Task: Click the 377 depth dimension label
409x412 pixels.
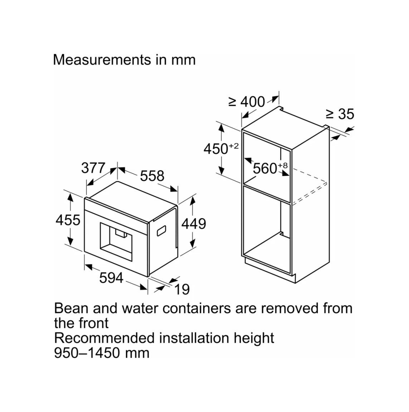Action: [x=93, y=168]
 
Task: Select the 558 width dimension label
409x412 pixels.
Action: [x=152, y=176]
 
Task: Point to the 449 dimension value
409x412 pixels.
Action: [x=194, y=224]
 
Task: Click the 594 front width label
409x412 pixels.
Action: [x=111, y=278]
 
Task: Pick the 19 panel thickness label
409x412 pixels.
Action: [x=182, y=289]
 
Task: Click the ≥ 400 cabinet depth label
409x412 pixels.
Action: [x=247, y=102]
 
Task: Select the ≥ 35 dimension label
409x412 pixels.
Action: [x=340, y=114]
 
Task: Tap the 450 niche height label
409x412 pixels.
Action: [x=216, y=149]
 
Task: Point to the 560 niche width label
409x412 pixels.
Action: [x=265, y=168]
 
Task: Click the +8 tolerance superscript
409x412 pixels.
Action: [x=283, y=165]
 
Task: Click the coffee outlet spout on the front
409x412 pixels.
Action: [x=120, y=233]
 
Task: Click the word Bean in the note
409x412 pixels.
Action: [x=71, y=308]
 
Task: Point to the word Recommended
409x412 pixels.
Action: [x=104, y=338]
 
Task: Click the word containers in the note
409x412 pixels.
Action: [x=196, y=308]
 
